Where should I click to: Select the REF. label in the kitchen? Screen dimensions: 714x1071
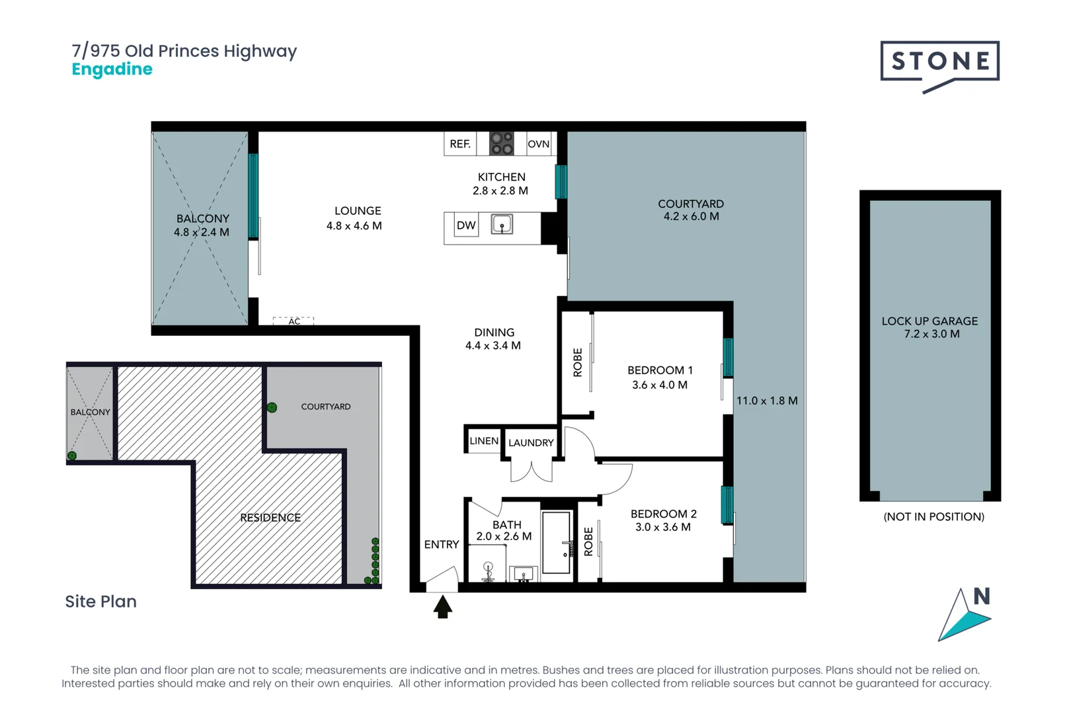(x=460, y=144)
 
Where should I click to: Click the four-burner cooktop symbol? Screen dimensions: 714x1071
(x=502, y=143)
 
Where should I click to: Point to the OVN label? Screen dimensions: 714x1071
(x=538, y=144)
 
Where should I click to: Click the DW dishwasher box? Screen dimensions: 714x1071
(x=466, y=225)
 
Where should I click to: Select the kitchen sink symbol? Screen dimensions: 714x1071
(x=502, y=225)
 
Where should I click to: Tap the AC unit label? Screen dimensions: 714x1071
(x=294, y=321)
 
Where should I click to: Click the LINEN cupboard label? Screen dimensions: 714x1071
(x=484, y=441)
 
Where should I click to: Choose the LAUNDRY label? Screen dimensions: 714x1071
(x=531, y=443)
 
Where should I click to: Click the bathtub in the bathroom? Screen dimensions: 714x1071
(x=556, y=542)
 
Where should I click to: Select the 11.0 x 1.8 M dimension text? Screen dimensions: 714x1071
(x=767, y=401)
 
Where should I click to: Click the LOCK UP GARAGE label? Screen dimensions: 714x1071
(x=930, y=321)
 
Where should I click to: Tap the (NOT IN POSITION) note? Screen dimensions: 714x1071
(x=933, y=517)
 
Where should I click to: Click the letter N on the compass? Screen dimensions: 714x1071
(x=982, y=596)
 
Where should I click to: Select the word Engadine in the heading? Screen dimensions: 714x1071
(x=112, y=69)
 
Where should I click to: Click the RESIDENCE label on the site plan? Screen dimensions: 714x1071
(x=270, y=518)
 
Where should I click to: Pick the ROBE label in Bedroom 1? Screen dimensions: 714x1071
(x=578, y=362)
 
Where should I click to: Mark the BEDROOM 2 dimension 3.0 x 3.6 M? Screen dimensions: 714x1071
(x=662, y=528)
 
